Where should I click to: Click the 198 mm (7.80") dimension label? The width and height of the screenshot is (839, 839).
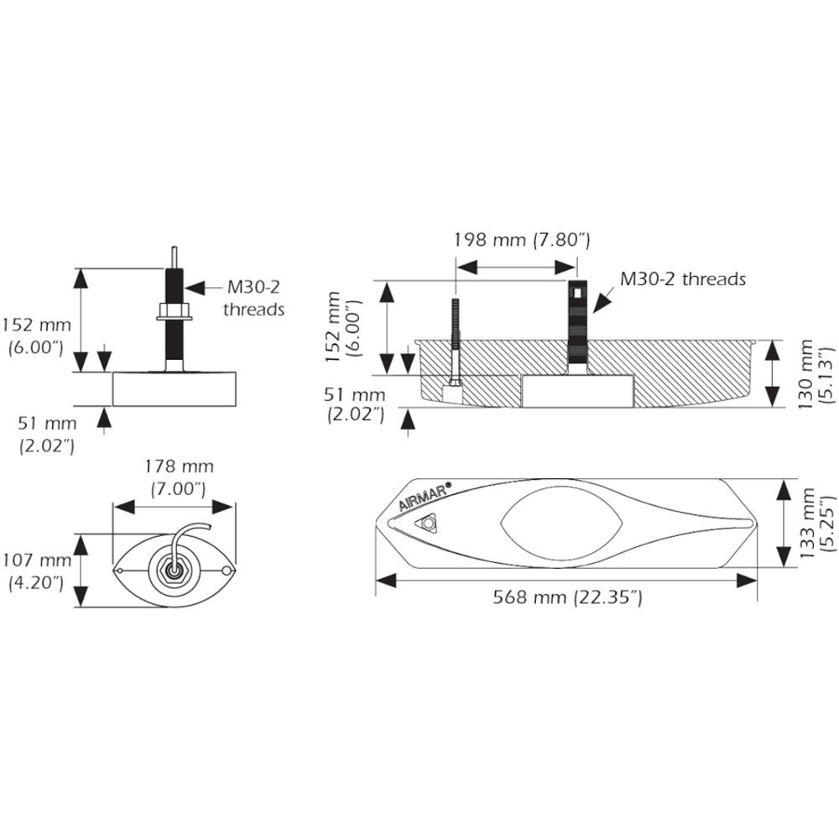(x=523, y=241)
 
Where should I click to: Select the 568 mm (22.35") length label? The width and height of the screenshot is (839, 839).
(x=568, y=598)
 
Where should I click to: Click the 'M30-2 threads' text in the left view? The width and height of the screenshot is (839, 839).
(x=253, y=298)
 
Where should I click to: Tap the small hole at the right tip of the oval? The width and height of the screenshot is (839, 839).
(x=227, y=571)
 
